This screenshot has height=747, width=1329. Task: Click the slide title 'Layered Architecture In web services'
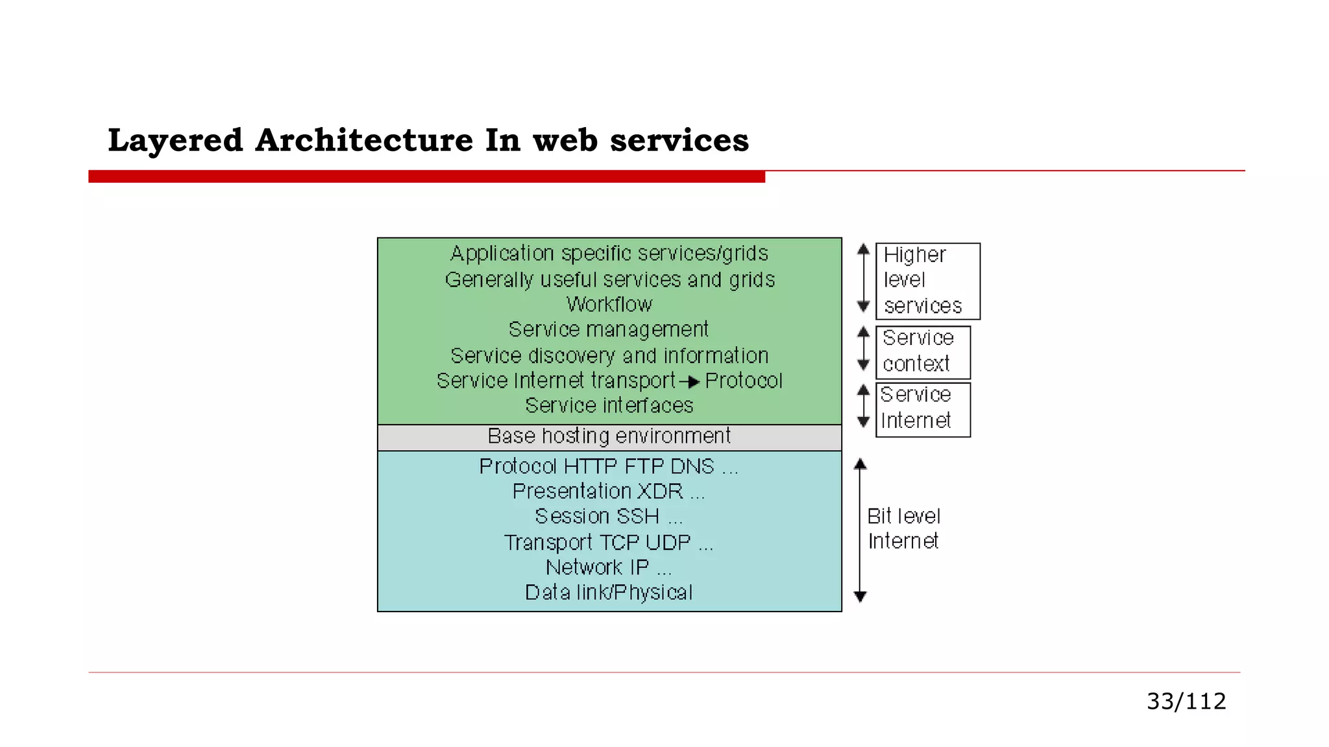pyautogui.click(x=428, y=140)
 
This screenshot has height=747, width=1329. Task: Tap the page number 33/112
pyautogui.click(x=1186, y=701)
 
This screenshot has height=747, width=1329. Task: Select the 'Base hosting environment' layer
pyautogui.click(x=609, y=436)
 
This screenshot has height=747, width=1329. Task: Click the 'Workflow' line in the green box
pyautogui.click(x=609, y=304)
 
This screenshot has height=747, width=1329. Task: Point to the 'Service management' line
pyautogui.click(x=609, y=329)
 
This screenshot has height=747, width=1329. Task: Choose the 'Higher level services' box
pyautogui.click(x=927, y=281)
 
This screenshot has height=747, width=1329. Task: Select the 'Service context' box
pyautogui.click(x=922, y=351)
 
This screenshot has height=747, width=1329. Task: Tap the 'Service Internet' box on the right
pyautogui.click(x=922, y=409)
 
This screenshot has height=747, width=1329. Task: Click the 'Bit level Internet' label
pyautogui.click(x=903, y=528)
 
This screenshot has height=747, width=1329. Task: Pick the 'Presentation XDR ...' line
pyautogui.click(x=609, y=492)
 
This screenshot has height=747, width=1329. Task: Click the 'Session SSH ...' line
pyautogui.click(x=609, y=516)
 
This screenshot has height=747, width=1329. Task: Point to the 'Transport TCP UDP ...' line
pyautogui.click(x=609, y=542)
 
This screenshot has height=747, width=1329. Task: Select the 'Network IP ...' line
pyautogui.click(x=609, y=567)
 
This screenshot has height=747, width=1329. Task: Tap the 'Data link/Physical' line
pyautogui.click(x=609, y=592)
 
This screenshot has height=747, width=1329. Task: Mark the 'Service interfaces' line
pyautogui.click(x=609, y=405)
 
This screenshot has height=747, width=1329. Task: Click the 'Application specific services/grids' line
pyautogui.click(x=609, y=253)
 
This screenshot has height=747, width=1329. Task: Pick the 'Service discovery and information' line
pyautogui.click(x=609, y=355)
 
